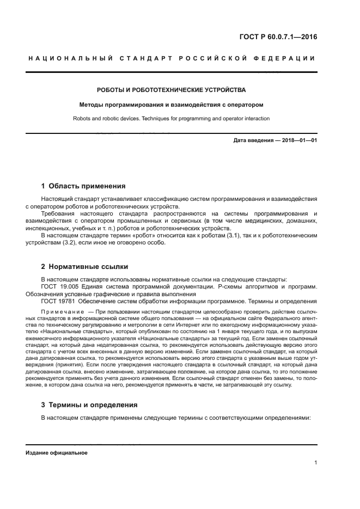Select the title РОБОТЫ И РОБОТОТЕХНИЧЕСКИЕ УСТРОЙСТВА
pos(171,89)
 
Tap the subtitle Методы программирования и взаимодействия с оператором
pos(171,104)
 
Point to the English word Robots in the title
pos(83,118)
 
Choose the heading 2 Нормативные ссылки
pos(84,267)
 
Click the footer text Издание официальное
pos(56,453)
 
